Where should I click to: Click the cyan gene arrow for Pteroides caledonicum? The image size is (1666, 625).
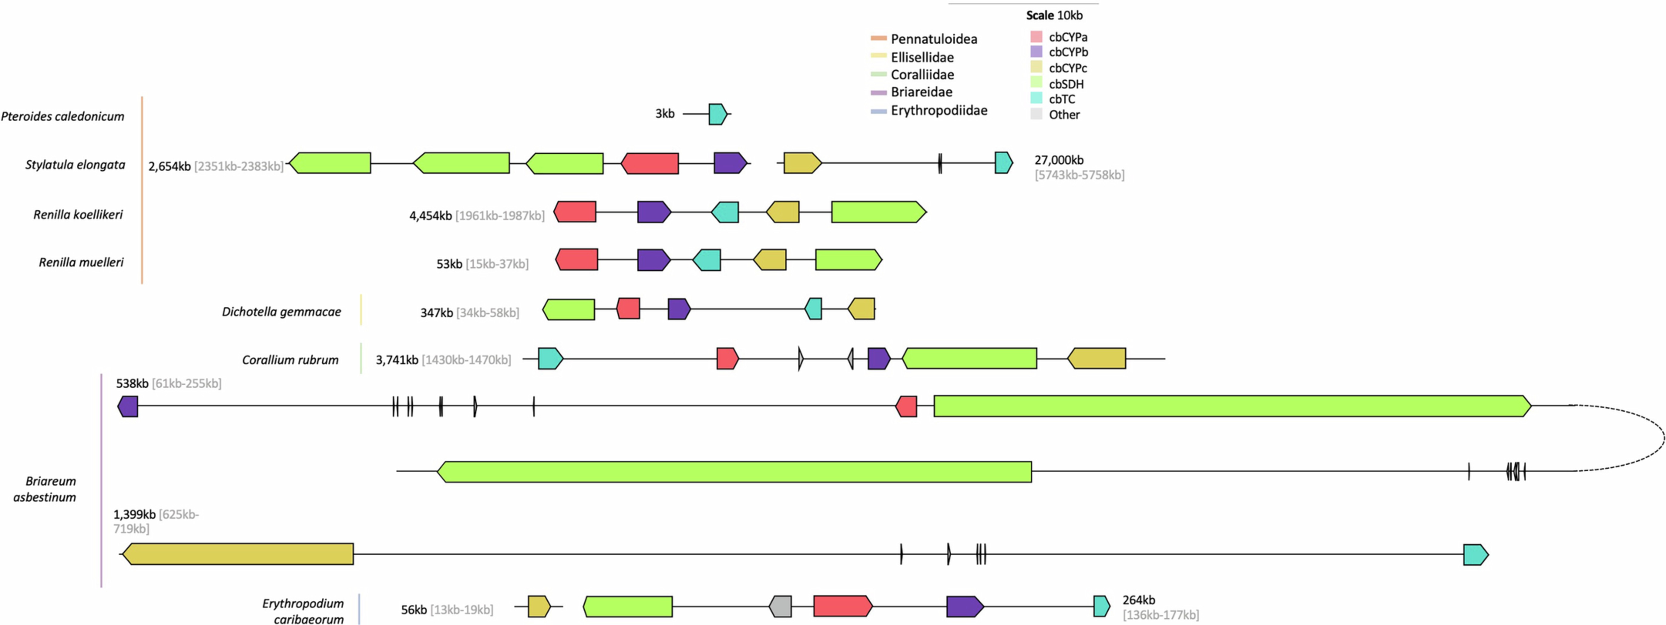(x=717, y=114)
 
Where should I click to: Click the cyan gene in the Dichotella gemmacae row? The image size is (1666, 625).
(x=814, y=309)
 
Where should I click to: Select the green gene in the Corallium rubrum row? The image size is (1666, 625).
(x=969, y=358)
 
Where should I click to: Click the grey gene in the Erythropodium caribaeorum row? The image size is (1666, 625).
(x=781, y=606)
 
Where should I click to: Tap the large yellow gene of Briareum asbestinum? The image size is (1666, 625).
(x=238, y=554)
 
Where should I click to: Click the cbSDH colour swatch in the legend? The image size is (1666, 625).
(x=1036, y=83)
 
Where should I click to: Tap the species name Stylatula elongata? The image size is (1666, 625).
(x=75, y=165)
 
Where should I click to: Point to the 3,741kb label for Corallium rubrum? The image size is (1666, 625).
(x=397, y=360)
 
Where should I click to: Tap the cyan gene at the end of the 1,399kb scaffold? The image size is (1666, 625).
(x=1475, y=555)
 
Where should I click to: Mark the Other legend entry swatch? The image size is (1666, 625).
(x=1036, y=114)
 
